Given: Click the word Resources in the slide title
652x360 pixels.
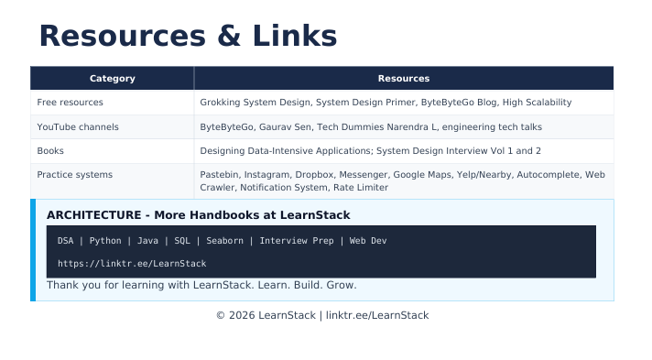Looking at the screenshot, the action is tap(123, 36).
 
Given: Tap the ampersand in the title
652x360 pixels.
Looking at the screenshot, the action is tap(229, 36).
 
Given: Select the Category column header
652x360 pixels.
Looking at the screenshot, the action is tap(113, 78).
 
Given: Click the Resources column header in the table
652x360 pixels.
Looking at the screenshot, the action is tap(404, 78).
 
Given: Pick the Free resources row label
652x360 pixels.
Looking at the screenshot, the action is tap(70, 103).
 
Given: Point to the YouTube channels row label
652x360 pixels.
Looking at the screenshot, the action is tap(78, 127).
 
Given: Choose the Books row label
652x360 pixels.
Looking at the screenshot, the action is tap(50, 150).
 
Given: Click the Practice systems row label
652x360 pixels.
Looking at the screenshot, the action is tap(75, 175).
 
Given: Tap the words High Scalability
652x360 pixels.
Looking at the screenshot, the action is tap(538, 103).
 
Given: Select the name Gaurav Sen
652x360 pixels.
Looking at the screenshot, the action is tap(286, 127).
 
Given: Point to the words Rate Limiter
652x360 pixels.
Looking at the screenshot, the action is tap(361, 188).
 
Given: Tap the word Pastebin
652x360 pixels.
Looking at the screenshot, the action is tap(219, 175).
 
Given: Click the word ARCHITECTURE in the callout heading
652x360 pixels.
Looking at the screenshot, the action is tap(94, 215).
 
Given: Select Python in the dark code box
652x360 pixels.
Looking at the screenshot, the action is tap(105, 241).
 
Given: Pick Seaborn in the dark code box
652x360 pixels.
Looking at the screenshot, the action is tap(225, 241).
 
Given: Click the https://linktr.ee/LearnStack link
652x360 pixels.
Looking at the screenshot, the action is tap(132, 264).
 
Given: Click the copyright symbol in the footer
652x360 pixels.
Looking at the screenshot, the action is tap(221, 315).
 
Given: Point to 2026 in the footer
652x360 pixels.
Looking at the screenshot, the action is tap(242, 315).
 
